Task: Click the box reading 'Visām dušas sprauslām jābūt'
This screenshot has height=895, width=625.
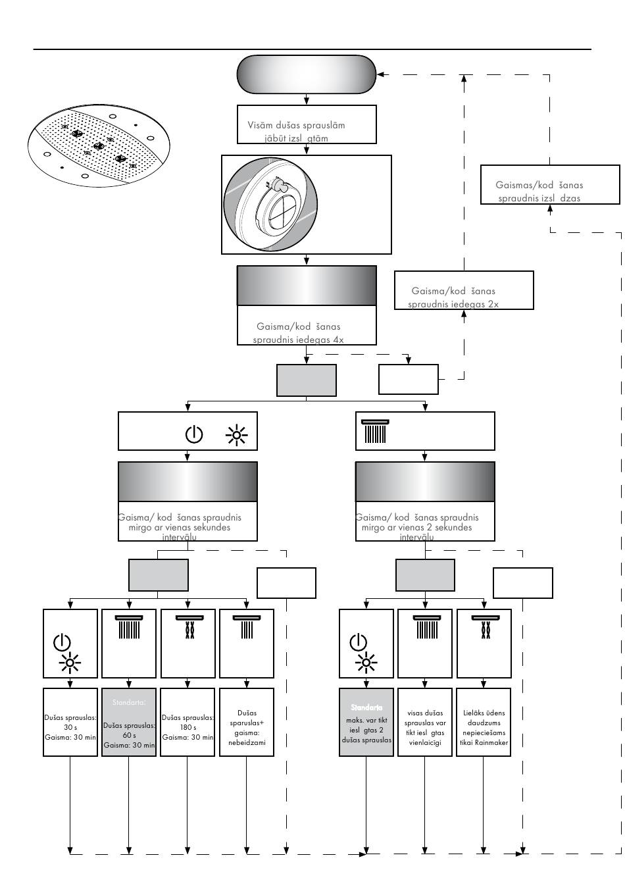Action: coord(306,124)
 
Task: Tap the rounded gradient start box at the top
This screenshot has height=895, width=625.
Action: coord(306,74)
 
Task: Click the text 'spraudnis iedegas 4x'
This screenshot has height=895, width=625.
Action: coord(298,340)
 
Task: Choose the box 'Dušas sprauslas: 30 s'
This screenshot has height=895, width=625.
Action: coord(70,722)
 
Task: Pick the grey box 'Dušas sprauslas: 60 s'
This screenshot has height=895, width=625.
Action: coord(129,722)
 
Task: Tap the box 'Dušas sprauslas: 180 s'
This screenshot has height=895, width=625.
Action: coord(187,722)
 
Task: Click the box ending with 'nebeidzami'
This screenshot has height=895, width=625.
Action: coord(247,722)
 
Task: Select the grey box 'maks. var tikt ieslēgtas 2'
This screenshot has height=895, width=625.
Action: coord(366,722)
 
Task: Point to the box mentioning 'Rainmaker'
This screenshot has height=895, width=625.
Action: coord(484,722)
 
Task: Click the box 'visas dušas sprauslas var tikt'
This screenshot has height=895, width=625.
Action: coord(425,722)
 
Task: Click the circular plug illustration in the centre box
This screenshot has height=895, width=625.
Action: coord(271,204)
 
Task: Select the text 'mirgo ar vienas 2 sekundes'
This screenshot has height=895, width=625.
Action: coord(416,528)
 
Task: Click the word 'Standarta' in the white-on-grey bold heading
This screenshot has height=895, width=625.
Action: coord(366,707)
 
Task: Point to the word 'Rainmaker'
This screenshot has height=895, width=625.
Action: coord(489,742)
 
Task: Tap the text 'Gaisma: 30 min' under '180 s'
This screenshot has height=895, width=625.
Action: coord(187,738)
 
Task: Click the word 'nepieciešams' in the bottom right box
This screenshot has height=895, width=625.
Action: coord(484,732)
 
